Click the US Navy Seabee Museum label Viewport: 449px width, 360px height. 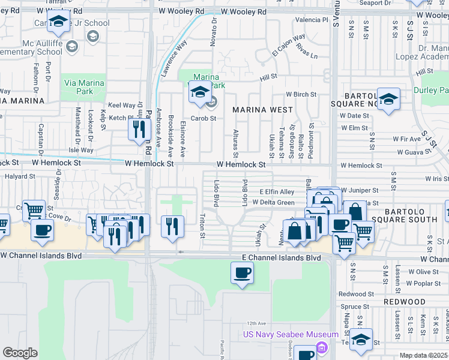point(291,334)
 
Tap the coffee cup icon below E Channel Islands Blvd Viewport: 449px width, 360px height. point(242,272)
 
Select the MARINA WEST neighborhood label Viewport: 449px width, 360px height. point(262,110)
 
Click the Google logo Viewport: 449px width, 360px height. point(20,353)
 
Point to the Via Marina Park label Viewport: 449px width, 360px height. point(85,87)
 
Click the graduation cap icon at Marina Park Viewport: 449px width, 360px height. point(199,92)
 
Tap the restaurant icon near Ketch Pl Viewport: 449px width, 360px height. point(138,128)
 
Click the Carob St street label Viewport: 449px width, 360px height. point(204,118)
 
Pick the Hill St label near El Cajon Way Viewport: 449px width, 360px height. point(268,77)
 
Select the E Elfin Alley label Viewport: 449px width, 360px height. point(277,191)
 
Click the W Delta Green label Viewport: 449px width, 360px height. point(274,202)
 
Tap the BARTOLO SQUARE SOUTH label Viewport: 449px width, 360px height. point(404,220)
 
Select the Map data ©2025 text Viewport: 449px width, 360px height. point(424,356)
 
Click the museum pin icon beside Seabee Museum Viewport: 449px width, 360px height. point(322,347)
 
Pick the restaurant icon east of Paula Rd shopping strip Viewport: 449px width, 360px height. point(172,226)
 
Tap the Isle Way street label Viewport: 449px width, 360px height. point(81,150)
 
